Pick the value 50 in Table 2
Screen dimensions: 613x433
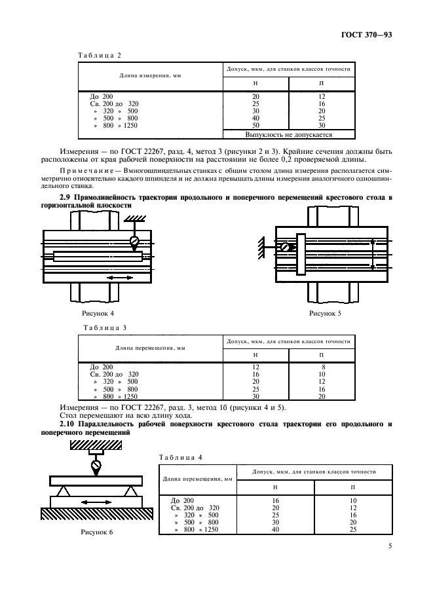point(256,124)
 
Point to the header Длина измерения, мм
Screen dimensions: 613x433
point(150,76)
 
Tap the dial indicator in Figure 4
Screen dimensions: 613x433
point(135,242)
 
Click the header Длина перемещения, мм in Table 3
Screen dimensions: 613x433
point(150,348)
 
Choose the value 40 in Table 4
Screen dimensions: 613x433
point(275,529)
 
